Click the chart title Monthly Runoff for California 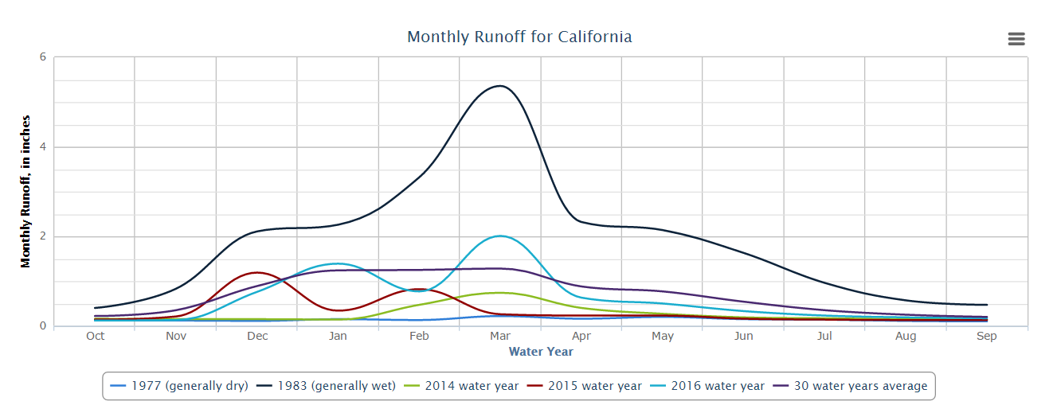click(519, 37)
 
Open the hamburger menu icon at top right click(1016, 39)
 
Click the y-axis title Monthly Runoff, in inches click(26, 191)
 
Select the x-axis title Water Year click(541, 352)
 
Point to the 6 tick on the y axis click(43, 57)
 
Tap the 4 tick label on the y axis click(43, 147)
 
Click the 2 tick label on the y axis click(43, 237)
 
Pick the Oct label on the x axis click(95, 337)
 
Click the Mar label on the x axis click(500, 337)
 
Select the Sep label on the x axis click(987, 337)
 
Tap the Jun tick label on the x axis click(743, 337)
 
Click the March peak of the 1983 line click(499, 86)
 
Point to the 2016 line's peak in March click(499, 236)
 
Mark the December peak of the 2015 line click(256, 272)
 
